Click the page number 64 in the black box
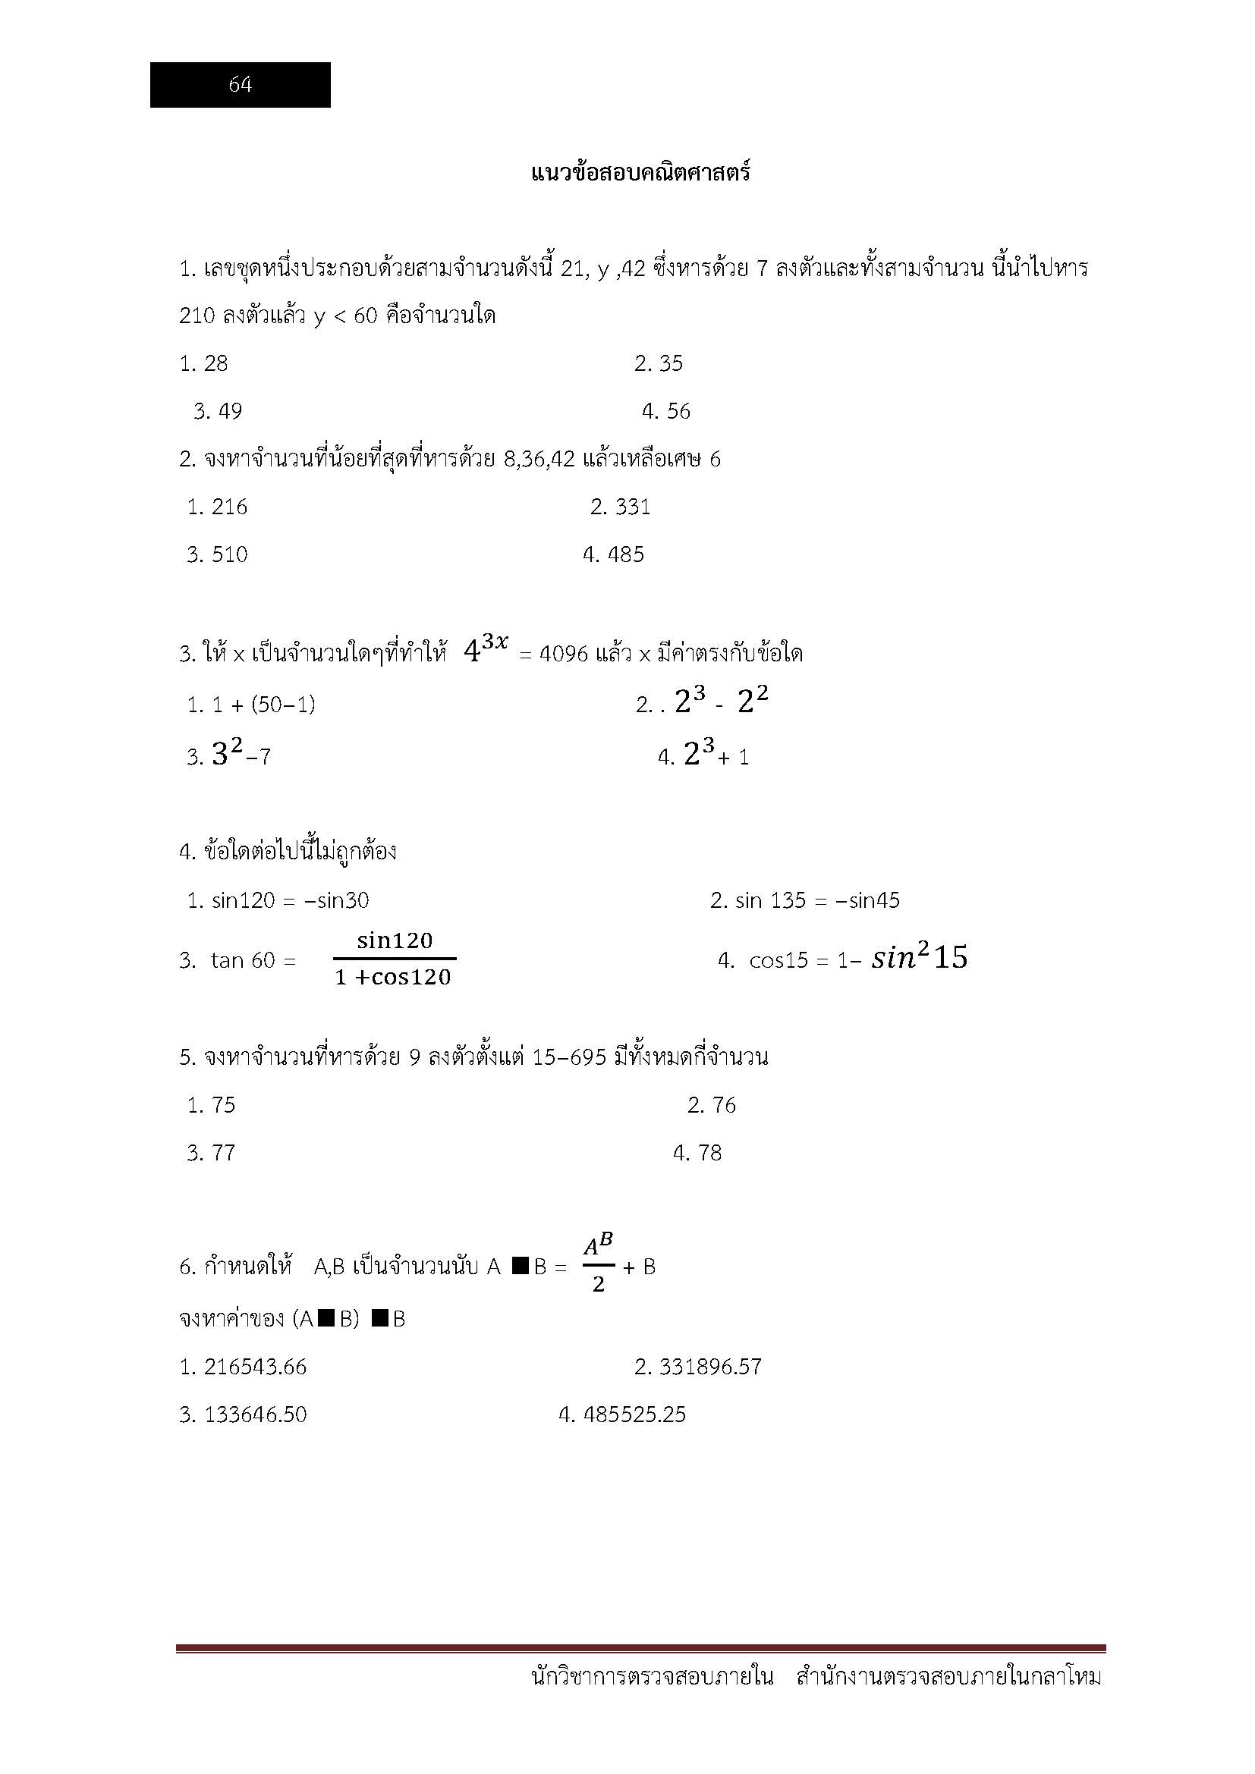point(241,85)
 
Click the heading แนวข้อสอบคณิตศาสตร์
point(640,172)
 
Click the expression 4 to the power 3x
point(486,648)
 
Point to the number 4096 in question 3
point(563,655)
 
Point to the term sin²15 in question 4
point(919,958)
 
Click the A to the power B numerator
point(598,1245)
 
